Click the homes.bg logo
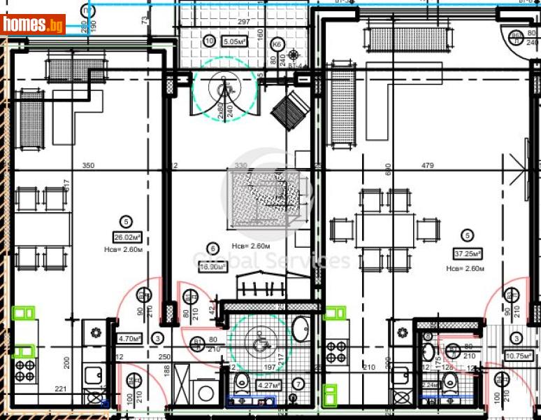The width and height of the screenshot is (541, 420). coord(34,25)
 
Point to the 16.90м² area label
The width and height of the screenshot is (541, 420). coord(212,267)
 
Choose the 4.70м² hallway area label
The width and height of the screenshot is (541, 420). coord(130,339)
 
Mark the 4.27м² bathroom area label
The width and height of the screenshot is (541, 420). coord(268,385)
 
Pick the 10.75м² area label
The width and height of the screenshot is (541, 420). coord(515,356)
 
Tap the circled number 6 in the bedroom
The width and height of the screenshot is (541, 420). coord(212,246)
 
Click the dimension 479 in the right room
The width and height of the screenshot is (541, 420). coord(428,166)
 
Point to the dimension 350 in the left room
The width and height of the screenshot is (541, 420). coord(88,166)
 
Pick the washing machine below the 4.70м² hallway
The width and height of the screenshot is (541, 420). coord(204,393)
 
